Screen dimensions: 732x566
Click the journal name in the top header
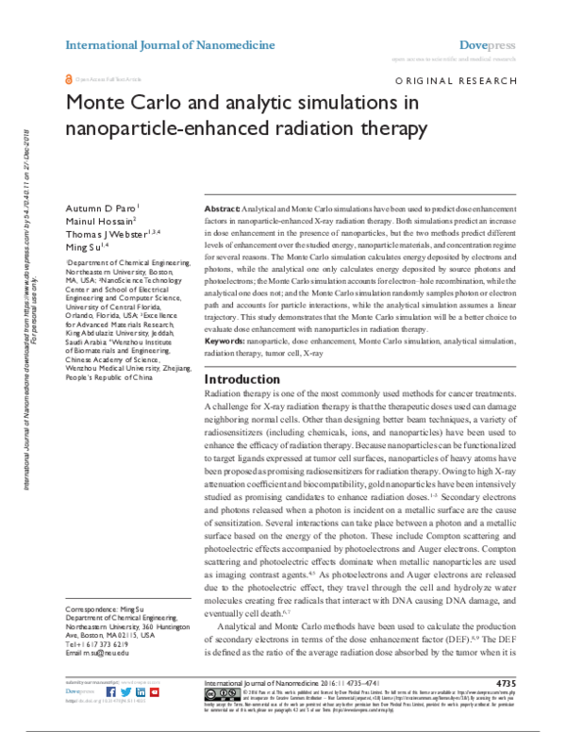(170, 45)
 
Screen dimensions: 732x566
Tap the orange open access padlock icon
(67, 79)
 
